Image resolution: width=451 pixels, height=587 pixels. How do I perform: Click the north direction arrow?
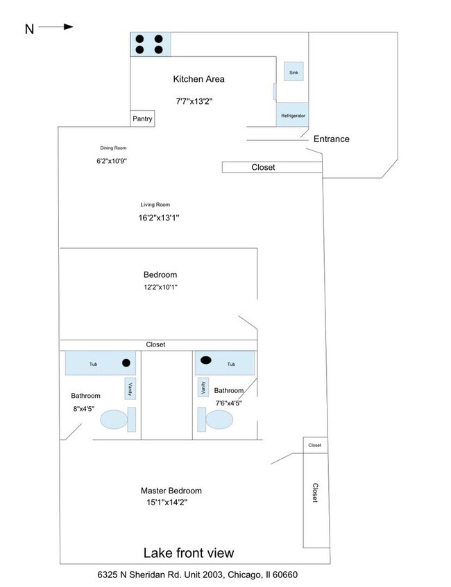(55, 27)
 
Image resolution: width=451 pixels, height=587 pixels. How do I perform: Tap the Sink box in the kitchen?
(293, 71)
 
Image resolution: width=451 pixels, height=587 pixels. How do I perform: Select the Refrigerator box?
(293, 115)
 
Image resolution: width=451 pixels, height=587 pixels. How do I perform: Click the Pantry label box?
(142, 119)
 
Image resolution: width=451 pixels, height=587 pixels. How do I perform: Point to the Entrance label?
(331, 139)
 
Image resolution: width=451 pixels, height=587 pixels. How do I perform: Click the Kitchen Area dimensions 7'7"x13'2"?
(194, 101)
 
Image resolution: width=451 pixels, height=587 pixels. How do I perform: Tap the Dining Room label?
(113, 148)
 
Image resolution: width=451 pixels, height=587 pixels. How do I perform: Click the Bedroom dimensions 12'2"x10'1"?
(160, 287)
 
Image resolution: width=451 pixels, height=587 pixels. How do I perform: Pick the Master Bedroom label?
(171, 491)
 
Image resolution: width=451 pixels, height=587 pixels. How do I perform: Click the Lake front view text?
(188, 553)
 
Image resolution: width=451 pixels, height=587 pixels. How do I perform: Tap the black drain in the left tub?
(126, 362)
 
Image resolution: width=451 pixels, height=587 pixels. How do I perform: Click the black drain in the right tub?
(206, 360)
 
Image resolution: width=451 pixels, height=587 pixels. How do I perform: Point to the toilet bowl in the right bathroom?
(220, 419)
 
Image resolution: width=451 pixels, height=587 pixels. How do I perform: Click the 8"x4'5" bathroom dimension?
(85, 409)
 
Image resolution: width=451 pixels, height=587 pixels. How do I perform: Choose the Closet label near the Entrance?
(263, 168)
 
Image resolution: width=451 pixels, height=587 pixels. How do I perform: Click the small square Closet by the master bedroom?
(314, 445)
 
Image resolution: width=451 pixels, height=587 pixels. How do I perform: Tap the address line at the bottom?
(198, 575)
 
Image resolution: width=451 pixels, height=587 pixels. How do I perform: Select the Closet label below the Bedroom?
(155, 344)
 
